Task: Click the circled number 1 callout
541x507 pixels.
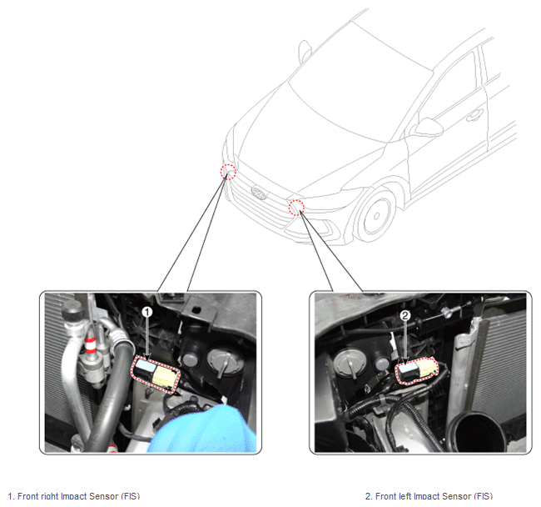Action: [147, 312]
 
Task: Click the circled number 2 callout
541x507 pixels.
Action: [405, 315]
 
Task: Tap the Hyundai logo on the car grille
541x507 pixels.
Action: [259, 193]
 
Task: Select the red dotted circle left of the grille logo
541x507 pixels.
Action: [228, 172]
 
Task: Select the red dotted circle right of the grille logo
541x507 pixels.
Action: [296, 207]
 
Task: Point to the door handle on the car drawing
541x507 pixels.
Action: [474, 115]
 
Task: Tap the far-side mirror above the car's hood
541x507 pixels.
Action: [305, 49]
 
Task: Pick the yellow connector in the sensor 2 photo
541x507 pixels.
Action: [426, 368]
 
